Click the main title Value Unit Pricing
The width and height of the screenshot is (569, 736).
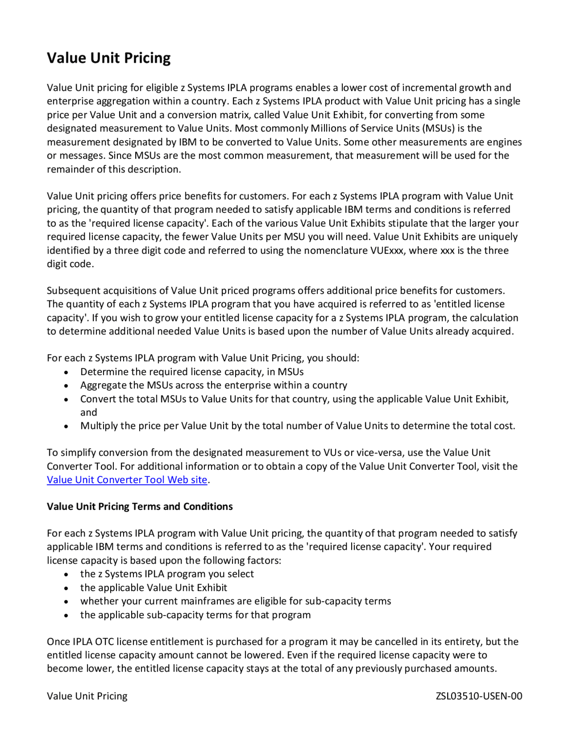[x=108, y=58]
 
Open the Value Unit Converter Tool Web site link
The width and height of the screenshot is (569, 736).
[x=127, y=480]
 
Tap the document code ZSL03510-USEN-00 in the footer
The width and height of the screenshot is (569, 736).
[x=479, y=696]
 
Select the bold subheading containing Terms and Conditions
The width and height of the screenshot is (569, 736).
[x=140, y=507]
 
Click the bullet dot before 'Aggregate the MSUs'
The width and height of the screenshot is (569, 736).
[x=66, y=386]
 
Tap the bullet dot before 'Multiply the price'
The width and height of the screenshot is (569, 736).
[x=66, y=426]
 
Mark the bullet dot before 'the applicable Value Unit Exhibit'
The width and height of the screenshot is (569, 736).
[x=66, y=588]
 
